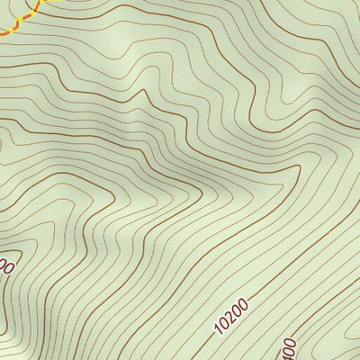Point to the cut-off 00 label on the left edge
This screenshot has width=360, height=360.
click(7, 267)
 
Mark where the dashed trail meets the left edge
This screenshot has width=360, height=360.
click(1, 33)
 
